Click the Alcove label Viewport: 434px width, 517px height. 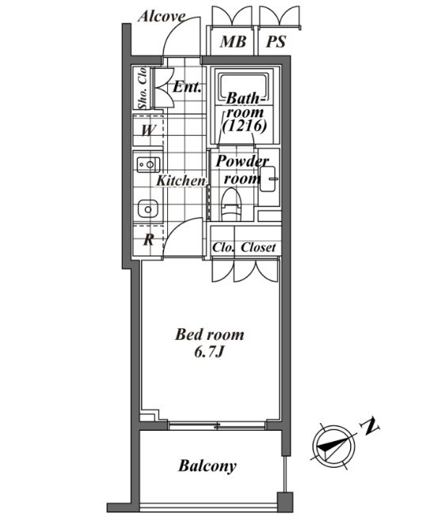162,17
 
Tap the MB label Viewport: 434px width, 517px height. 233,42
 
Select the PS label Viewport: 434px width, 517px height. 276,42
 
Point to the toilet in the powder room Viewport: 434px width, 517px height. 231,205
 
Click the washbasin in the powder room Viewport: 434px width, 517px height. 268,179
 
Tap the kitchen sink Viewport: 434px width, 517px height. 147,209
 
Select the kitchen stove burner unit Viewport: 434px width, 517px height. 148,164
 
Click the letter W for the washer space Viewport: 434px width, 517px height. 148,130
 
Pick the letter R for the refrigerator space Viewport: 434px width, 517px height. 149,240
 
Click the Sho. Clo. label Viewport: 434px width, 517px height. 143,88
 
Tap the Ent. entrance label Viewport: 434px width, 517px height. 187,87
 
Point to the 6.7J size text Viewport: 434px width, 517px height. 209,353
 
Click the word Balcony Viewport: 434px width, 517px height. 207,466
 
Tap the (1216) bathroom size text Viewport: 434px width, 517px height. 244,126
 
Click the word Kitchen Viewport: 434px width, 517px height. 181,181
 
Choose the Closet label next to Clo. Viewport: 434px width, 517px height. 258,247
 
